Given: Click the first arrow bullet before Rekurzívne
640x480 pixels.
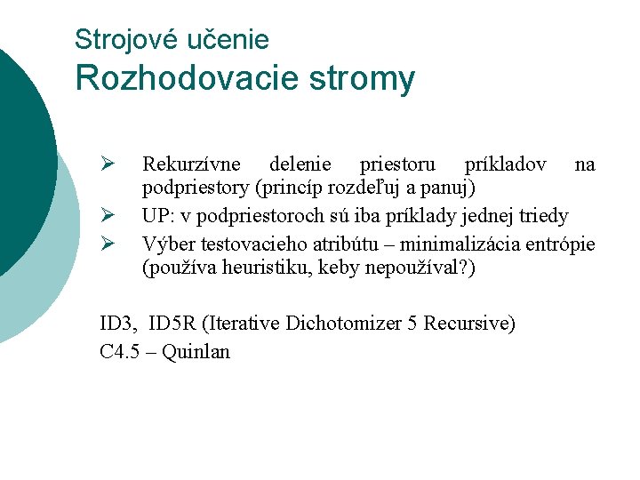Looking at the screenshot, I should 105,164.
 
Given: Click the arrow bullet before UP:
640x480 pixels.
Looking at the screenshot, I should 105,216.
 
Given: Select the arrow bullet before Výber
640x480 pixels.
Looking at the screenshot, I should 105,242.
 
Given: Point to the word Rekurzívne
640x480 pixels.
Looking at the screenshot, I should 192,164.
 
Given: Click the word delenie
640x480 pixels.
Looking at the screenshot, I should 298,164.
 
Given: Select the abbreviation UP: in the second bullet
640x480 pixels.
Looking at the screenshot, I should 157,216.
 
